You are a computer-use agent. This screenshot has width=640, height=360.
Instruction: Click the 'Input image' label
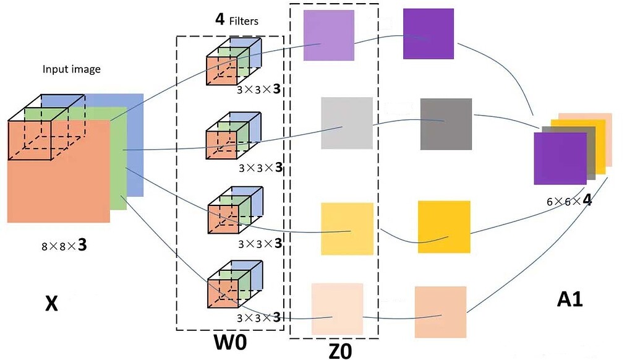[71, 69]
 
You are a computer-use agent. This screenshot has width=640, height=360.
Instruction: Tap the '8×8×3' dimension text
[64, 246]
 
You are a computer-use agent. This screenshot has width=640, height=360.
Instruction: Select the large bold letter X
[52, 303]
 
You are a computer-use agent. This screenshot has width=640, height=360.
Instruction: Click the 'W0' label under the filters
[229, 342]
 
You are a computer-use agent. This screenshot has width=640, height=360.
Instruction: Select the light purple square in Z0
[329, 35]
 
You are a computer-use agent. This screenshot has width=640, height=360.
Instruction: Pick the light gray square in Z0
[346, 123]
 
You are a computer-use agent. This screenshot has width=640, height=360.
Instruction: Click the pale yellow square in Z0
[347, 229]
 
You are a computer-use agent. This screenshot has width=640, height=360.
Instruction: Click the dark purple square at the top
[429, 33]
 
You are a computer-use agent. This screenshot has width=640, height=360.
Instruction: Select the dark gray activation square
[445, 124]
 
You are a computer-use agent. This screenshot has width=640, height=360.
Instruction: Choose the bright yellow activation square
[443, 226]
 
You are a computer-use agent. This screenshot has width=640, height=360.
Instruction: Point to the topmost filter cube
[233, 62]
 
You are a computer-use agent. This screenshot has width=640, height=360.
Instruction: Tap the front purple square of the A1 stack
[559, 160]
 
